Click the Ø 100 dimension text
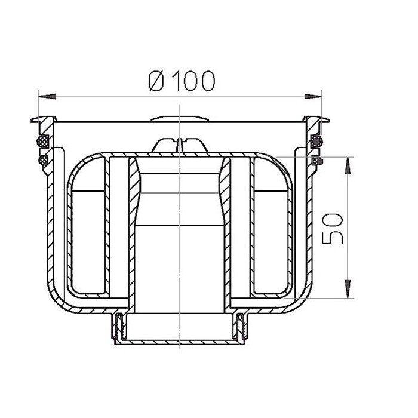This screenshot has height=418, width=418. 182,81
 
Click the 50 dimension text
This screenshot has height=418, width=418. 332,229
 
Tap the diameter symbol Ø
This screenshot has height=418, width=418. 156,81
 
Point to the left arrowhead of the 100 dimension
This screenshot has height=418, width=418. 47,97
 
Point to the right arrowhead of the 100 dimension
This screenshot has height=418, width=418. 314,97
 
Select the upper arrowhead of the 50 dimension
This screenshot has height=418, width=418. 348,165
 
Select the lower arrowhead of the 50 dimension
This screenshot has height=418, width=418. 348,289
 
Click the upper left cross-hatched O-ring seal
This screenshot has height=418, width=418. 42,140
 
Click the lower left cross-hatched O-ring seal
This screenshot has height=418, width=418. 43,160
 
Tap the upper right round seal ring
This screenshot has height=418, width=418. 316,140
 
